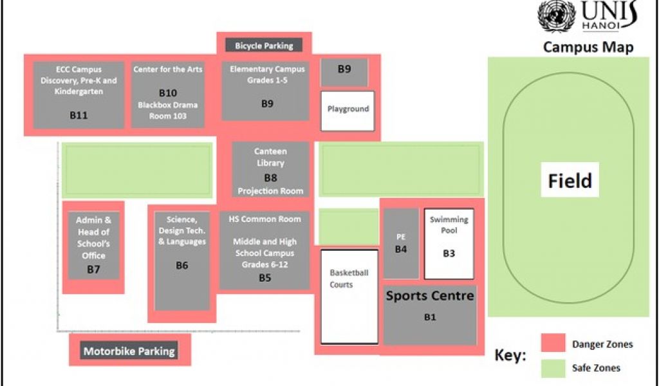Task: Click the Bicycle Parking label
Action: [264, 46]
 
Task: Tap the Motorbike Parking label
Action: [129, 351]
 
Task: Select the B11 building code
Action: [79, 116]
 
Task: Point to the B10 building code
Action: [168, 93]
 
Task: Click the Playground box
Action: [348, 110]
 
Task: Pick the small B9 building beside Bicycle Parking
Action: [344, 70]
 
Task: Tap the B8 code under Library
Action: [270, 178]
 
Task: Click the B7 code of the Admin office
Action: [94, 269]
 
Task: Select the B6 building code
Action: [182, 265]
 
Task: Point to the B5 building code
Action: [265, 279]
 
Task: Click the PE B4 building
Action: [401, 243]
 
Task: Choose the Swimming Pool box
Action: [449, 244]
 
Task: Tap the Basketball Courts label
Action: [349, 279]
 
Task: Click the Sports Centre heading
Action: [430, 296]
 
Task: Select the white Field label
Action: [570, 181]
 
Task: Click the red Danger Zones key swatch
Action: [552, 344]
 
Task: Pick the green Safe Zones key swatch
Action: [552, 368]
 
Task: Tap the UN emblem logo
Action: [556, 16]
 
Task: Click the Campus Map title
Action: [588, 47]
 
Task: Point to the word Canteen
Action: [270, 151]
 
